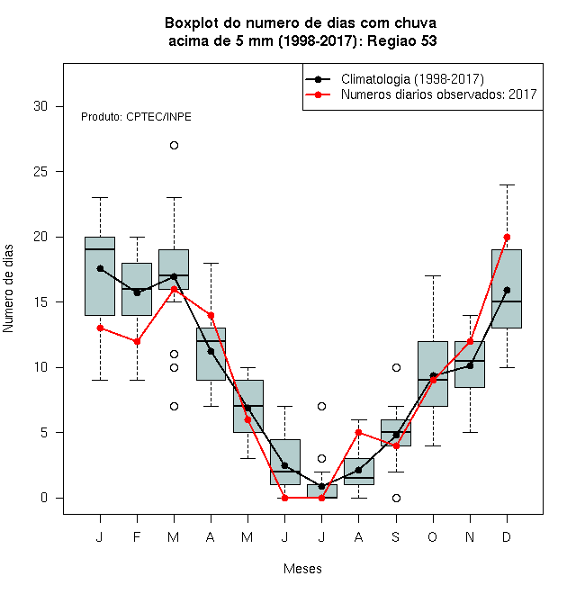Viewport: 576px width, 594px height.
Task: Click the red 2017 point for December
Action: pos(507,237)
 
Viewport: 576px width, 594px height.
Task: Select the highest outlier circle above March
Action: pos(174,146)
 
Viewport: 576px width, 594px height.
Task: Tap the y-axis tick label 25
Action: pos(40,172)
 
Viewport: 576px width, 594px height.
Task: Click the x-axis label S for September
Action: pos(396,536)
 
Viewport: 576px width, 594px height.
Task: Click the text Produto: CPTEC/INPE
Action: pos(136,117)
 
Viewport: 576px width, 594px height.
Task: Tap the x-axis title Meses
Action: pos(302,569)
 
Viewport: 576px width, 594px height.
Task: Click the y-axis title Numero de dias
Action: pos(8,289)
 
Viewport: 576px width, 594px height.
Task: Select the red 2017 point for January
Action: pos(100,328)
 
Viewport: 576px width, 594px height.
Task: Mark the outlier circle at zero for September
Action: pos(396,499)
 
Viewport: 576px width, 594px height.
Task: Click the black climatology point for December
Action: pos(507,290)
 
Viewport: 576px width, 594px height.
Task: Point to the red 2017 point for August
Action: pos(359,432)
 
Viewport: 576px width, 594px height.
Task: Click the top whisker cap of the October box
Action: pos(433,276)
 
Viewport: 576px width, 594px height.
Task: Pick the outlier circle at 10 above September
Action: pos(396,367)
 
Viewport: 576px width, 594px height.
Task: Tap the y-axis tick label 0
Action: pos(44,498)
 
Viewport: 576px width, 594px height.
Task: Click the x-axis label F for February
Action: pos(137,536)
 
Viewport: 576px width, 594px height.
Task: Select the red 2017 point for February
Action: pos(137,341)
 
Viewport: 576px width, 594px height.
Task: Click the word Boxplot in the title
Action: pos(192,23)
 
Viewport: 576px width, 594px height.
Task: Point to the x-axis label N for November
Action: pos(470,536)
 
